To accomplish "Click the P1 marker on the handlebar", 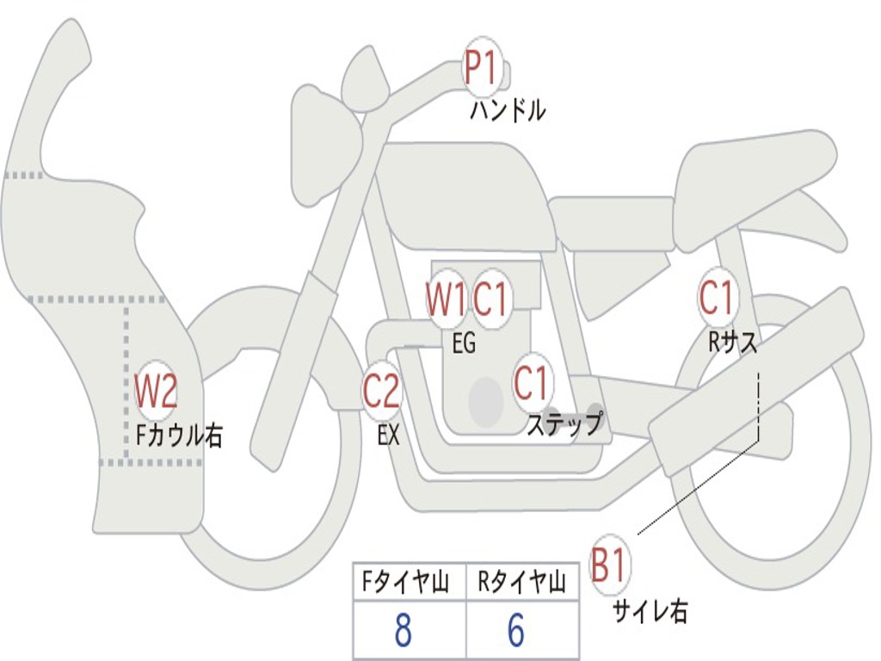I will (484, 68).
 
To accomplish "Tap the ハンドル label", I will (508, 111).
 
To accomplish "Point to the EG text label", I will (464, 343).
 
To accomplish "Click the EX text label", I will (389, 435).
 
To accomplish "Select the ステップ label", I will (564, 423).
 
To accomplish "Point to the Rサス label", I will (732, 343).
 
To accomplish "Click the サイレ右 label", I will (650, 611).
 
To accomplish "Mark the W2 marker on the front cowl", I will (156, 392).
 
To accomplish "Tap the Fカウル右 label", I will (179, 436).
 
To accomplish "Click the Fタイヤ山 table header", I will (409, 584).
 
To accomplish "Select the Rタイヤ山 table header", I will (522, 584).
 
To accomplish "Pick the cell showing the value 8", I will (403, 631).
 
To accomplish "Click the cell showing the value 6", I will (516, 631).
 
